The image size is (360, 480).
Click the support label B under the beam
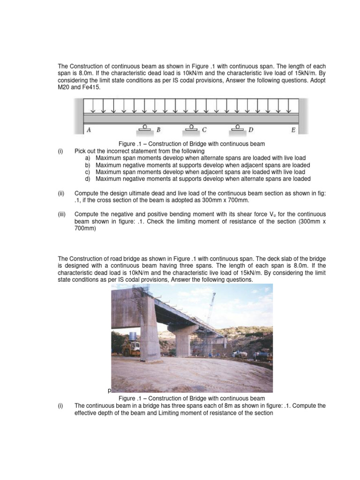point(158,130)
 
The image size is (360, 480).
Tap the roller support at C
point(191,127)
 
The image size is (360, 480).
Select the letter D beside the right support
point(251,130)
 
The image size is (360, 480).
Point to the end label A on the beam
point(89,130)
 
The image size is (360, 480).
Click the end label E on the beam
point(293,130)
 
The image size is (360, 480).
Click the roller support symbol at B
point(145,127)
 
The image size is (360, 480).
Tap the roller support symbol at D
point(238,127)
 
